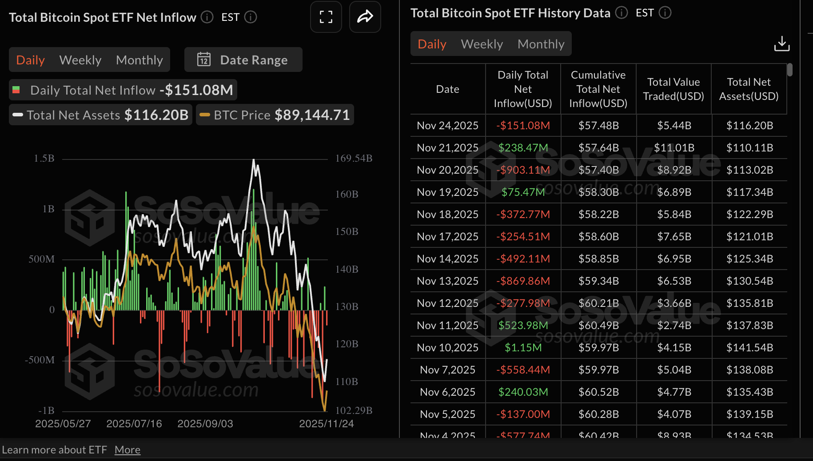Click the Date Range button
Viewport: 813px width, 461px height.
(x=243, y=60)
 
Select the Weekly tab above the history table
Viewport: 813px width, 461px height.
(x=482, y=44)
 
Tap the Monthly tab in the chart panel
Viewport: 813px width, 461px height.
(x=139, y=60)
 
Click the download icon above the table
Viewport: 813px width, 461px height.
(x=781, y=44)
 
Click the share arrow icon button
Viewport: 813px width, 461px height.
(x=365, y=17)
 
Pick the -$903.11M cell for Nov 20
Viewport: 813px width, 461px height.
(x=523, y=170)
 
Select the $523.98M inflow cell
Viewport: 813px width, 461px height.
(x=523, y=325)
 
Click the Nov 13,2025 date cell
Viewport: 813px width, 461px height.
(x=447, y=281)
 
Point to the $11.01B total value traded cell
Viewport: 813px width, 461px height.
(x=674, y=147)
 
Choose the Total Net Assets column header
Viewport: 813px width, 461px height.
(x=749, y=89)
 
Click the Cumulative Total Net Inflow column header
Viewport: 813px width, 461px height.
(x=598, y=89)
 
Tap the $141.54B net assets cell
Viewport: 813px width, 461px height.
(x=749, y=347)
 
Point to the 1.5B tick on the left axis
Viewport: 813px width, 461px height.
(x=44, y=159)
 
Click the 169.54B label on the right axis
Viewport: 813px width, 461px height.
(x=354, y=159)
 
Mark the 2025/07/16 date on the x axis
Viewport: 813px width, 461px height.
(x=134, y=424)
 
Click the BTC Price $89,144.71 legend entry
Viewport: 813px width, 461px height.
(x=275, y=115)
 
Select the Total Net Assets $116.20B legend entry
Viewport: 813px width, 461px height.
(x=101, y=115)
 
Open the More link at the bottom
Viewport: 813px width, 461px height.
(x=127, y=450)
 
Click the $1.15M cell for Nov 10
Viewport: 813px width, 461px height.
(x=523, y=347)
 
